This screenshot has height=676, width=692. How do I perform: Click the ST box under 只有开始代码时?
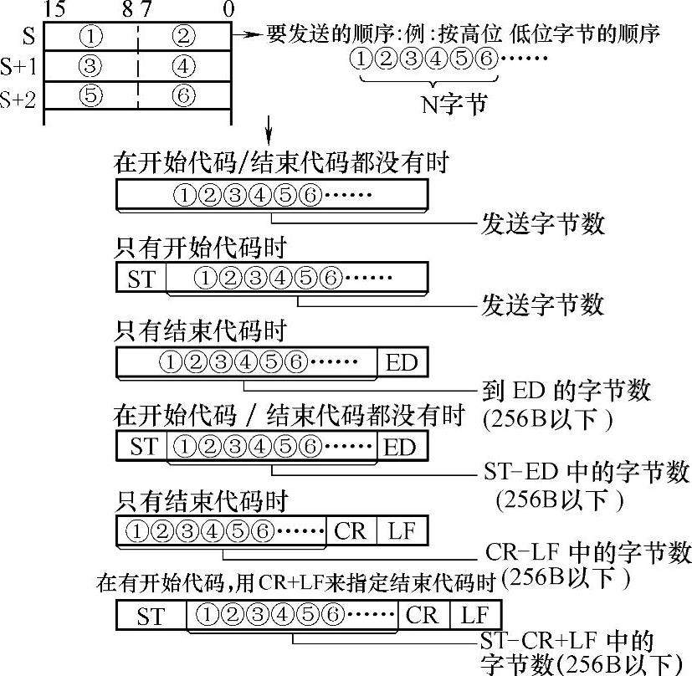141,278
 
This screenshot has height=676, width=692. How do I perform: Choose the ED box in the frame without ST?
401,363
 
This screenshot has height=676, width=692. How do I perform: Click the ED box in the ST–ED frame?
401,447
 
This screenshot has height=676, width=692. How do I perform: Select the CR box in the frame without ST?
351,530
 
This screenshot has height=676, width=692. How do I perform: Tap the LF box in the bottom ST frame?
474,617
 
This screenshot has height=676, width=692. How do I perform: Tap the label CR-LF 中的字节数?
588,554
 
